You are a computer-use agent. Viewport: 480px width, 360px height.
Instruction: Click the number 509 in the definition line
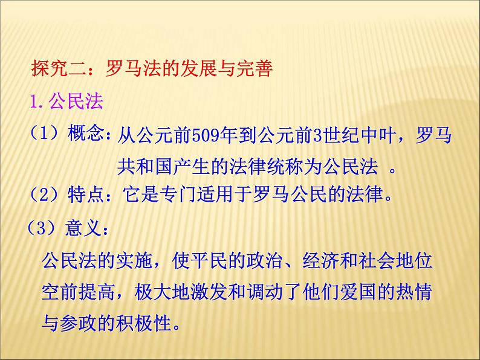[201, 135]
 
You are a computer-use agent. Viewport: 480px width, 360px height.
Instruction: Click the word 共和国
[140, 166]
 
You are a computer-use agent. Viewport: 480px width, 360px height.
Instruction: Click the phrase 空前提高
[77, 293]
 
